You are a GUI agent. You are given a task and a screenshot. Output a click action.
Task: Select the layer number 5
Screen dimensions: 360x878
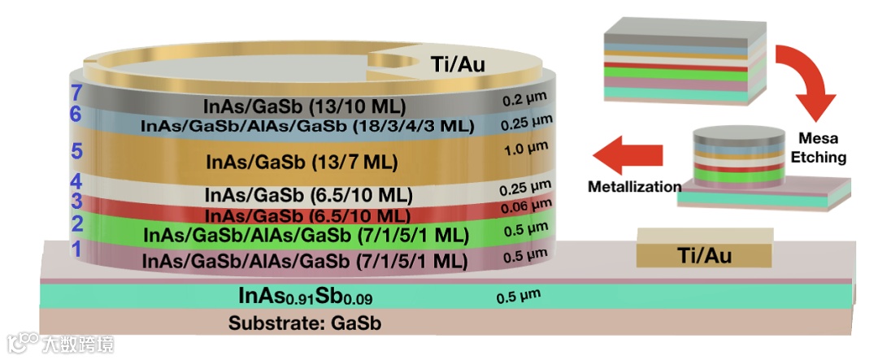[x=78, y=152]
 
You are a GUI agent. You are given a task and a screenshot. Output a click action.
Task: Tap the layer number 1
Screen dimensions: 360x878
[x=76, y=249]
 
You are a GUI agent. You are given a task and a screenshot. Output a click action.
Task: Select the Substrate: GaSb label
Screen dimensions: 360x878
[x=305, y=323]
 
